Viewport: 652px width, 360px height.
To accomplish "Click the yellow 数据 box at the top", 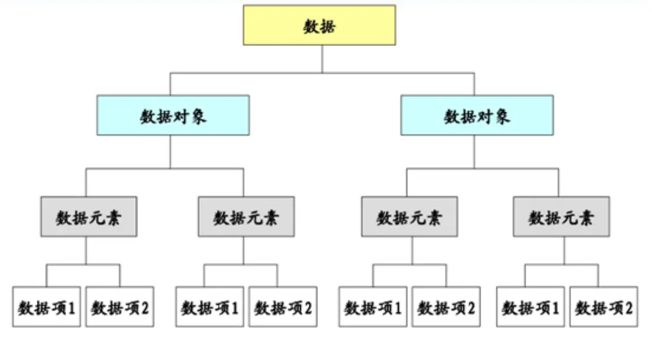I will [x=320, y=25].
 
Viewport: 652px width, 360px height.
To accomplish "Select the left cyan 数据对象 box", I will [x=173, y=115].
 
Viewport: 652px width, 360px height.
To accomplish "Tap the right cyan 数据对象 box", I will [x=477, y=115].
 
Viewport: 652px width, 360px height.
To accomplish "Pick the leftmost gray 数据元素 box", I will [x=89, y=217].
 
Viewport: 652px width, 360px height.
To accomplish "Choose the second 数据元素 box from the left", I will [x=246, y=217].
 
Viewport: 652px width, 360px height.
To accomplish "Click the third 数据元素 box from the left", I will [x=409, y=217].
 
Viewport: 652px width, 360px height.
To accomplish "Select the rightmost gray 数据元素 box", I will [x=561, y=217].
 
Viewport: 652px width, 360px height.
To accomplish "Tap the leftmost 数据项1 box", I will [x=46, y=307].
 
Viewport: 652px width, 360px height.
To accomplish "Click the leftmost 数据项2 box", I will [x=120, y=307].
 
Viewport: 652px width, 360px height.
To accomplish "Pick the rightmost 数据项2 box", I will [x=603, y=307].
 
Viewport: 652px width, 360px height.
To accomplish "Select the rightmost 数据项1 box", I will [x=530, y=307].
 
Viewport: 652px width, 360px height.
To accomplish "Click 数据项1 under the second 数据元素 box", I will [x=210, y=307].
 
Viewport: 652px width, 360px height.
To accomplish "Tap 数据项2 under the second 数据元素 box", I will [x=283, y=307].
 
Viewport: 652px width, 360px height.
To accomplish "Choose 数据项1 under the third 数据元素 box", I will [x=372, y=307].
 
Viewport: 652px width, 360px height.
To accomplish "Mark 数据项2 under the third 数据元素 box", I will [x=446, y=307].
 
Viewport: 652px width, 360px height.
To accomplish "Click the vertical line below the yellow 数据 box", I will [x=322, y=59].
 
